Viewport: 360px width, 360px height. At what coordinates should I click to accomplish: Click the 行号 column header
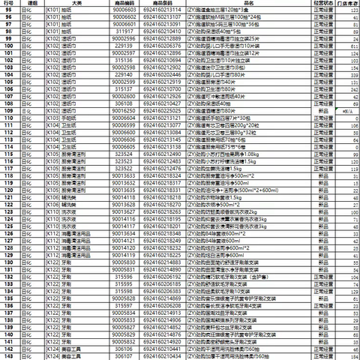click(10, 2)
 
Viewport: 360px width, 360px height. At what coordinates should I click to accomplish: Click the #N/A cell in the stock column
click(347, 112)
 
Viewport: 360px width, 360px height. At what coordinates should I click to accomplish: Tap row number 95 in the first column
click(10, 10)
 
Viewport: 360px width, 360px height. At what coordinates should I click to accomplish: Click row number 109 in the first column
click(10, 111)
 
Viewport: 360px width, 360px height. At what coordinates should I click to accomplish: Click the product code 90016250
click(122, 111)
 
